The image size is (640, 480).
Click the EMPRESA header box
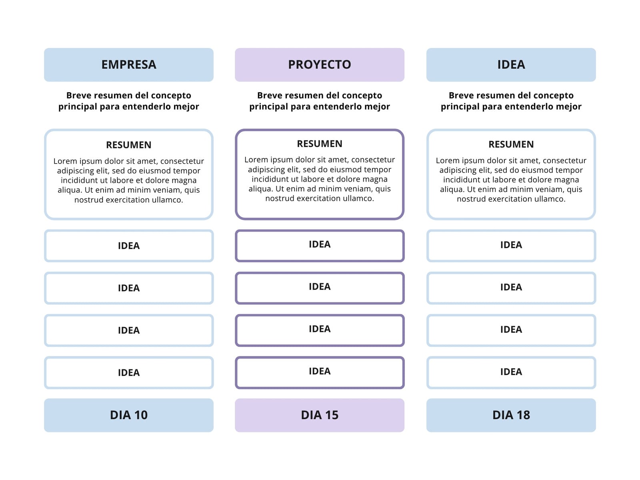(128, 65)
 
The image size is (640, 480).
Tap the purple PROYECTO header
(320, 65)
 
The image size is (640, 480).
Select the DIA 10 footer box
(128, 415)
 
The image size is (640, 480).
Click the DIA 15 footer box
(320, 415)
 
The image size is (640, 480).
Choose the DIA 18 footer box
(511, 415)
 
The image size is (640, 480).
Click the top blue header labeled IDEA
(511, 65)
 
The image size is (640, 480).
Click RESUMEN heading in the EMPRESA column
(128, 145)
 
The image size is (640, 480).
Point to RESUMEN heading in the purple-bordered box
(320, 144)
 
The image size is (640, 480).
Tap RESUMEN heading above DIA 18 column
(511, 144)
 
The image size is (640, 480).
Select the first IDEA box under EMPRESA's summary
(128, 246)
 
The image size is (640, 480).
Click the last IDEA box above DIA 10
(128, 372)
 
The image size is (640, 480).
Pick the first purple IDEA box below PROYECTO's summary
(320, 246)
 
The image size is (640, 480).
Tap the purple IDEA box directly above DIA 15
(320, 372)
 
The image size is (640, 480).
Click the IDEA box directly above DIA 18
(511, 372)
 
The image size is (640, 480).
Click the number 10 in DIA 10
(141, 415)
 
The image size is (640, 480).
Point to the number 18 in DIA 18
(523, 415)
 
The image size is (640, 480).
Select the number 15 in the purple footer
(332, 415)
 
